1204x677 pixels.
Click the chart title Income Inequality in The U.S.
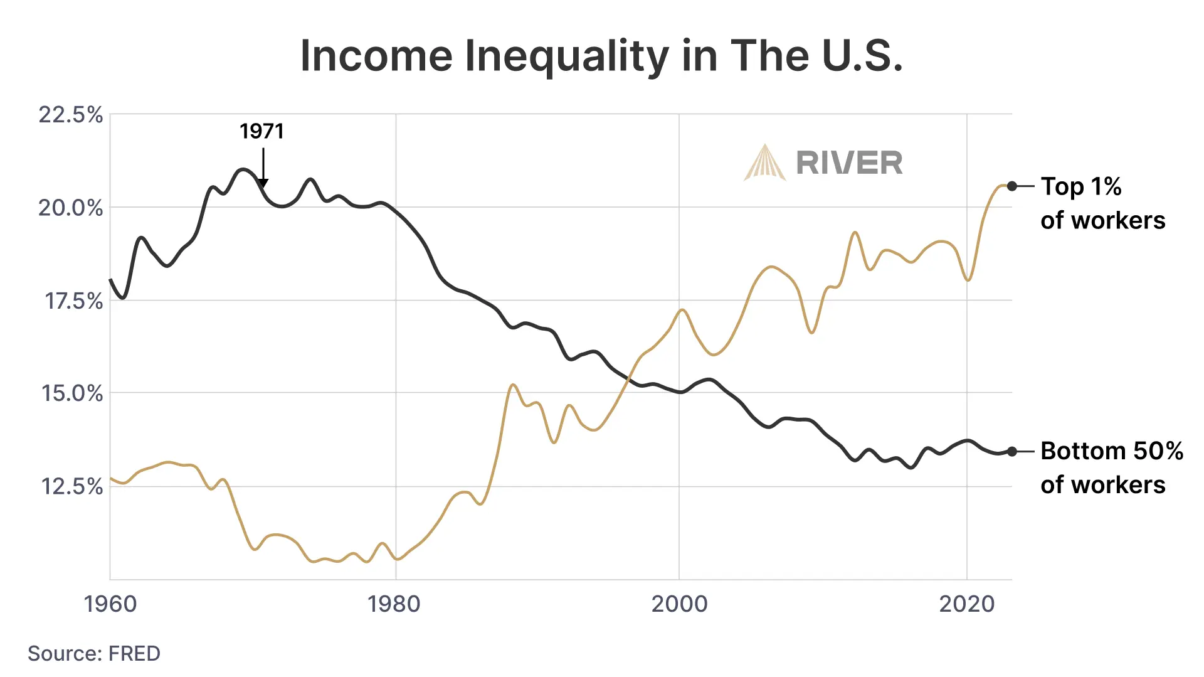[601, 56]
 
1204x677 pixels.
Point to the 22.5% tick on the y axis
[71, 115]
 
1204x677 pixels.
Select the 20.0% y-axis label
[71, 208]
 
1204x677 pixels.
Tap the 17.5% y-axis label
[73, 301]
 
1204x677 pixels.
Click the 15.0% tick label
[72, 393]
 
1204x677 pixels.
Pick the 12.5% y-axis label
[72, 486]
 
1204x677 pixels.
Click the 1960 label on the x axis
[110, 604]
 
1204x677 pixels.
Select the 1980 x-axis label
[394, 604]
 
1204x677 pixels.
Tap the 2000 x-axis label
[679, 604]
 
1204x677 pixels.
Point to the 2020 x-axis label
[966, 604]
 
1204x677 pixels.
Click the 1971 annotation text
[261, 132]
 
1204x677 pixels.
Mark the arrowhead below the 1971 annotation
[263, 183]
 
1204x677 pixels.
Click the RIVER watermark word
[849, 163]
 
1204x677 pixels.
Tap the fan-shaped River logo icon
[764, 163]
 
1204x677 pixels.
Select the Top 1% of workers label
[1102, 203]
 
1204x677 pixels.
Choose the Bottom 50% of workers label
[1111, 467]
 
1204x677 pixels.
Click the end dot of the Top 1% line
[1012, 186]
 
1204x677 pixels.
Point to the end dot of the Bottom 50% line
[1012, 451]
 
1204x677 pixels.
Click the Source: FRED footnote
[94, 654]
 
